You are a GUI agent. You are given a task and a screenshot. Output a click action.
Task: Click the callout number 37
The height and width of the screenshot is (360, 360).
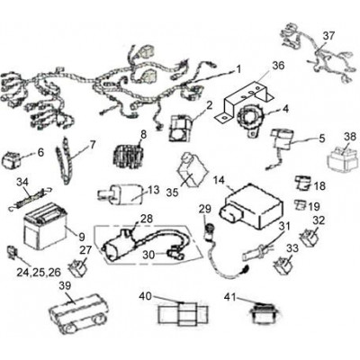328,36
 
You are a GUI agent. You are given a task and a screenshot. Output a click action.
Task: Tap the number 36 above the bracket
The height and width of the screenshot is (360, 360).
278,66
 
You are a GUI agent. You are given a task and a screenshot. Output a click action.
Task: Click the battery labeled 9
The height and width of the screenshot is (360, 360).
45,226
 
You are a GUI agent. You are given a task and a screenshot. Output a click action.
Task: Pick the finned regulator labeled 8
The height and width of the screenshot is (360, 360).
128,155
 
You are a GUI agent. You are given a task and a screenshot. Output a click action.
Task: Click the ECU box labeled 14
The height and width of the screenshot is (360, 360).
251,205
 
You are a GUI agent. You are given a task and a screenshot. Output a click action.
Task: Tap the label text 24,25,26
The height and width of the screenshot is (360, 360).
39,272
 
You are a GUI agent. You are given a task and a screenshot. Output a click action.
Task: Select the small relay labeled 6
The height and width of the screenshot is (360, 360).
12,159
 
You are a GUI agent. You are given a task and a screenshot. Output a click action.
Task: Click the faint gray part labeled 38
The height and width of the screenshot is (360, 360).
342,158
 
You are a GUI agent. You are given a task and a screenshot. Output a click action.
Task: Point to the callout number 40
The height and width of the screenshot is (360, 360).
146,296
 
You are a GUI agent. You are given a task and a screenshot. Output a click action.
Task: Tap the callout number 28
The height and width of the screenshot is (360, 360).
146,219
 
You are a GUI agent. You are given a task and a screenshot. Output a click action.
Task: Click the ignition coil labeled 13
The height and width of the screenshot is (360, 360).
121,194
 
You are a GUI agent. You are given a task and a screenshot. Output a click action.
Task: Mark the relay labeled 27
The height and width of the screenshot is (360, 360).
78,266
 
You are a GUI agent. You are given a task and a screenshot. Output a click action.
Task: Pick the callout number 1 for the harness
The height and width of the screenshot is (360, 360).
238,70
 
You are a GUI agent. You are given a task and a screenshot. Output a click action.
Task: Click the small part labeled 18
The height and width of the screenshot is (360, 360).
302,183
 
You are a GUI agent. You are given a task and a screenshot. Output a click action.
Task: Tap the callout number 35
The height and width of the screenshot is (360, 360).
172,193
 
